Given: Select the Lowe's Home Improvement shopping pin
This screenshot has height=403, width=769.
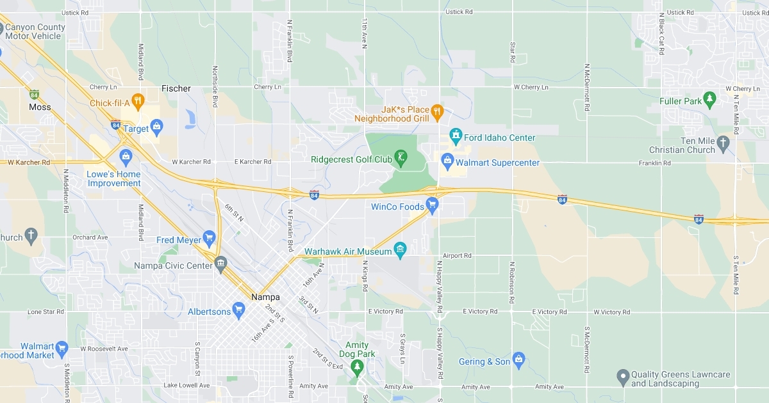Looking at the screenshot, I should click(x=126, y=155).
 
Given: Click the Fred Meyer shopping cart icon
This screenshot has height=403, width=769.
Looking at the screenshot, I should click(x=208, y=239).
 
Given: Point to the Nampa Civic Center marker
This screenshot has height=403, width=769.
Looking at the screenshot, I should click(x=220, y=262).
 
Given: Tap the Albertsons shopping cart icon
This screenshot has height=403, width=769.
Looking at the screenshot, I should click(x=239, y=311).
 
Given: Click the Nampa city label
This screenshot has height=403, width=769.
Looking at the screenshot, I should click(x=265, y=297).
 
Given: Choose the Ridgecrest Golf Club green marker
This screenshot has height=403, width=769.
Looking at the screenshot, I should click(x=401, y=157).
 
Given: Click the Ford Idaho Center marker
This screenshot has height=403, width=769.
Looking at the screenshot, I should click(x=456, y=135).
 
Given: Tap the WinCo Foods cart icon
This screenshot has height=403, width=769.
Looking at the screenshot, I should click(x=432, y=205).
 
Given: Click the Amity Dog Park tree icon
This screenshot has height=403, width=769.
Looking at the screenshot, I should click(x=357, y=366).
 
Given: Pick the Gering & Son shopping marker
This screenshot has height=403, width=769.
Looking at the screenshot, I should click(x=518, y=360).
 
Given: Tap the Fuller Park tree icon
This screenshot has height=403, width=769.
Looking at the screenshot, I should click(x=709, y=99).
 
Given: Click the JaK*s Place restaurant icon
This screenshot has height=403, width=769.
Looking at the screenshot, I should click(x=437, y=112).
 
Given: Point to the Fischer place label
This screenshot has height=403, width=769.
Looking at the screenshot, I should click(x=176, y=88).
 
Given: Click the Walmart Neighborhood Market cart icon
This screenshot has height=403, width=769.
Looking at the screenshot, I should click(x=62, y=349).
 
